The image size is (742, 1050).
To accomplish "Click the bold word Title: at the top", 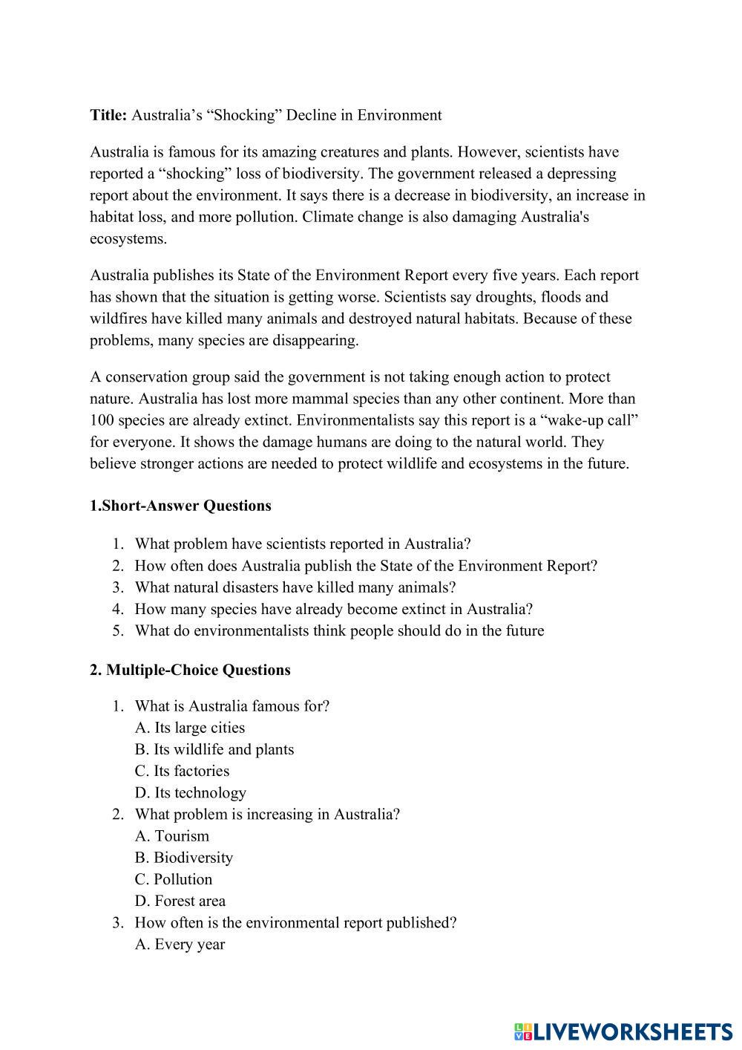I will (x=108, y=115).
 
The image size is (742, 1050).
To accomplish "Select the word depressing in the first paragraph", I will (x=582, y=174).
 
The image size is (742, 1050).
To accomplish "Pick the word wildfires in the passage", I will (x=119, y=319).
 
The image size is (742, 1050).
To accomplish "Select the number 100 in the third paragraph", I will (x=102, y=420).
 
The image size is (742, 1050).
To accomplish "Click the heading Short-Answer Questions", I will (x=185, y=506).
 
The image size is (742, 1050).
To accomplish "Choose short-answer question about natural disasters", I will (x=295, y=587).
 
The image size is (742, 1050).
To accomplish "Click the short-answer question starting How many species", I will (x=333, y=609).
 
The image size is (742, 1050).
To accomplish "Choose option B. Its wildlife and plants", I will (x=214, y=749).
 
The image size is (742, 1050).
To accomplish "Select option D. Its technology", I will (x=191, y=792).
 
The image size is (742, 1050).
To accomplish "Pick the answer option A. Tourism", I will (x=172, y=836).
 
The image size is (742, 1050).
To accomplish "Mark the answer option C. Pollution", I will (x=174, y=879).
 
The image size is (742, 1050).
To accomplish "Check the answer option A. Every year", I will (x=180, y=945).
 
